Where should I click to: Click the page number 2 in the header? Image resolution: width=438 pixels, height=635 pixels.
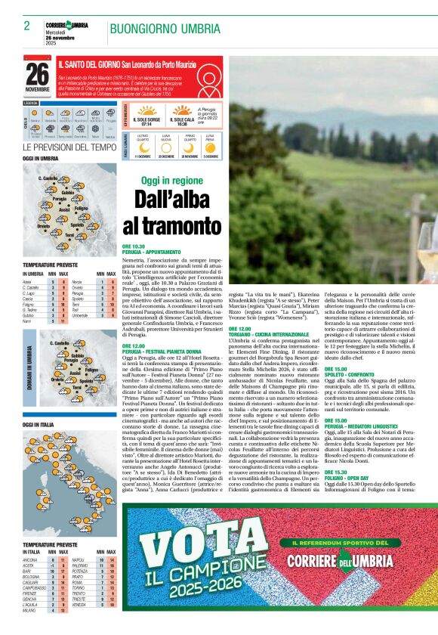(26, 26)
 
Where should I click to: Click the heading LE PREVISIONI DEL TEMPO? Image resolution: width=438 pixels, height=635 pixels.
(69, 147)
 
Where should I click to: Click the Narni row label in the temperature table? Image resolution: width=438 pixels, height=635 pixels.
(27, 321)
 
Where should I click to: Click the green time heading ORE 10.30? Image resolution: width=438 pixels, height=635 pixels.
(133, 246)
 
